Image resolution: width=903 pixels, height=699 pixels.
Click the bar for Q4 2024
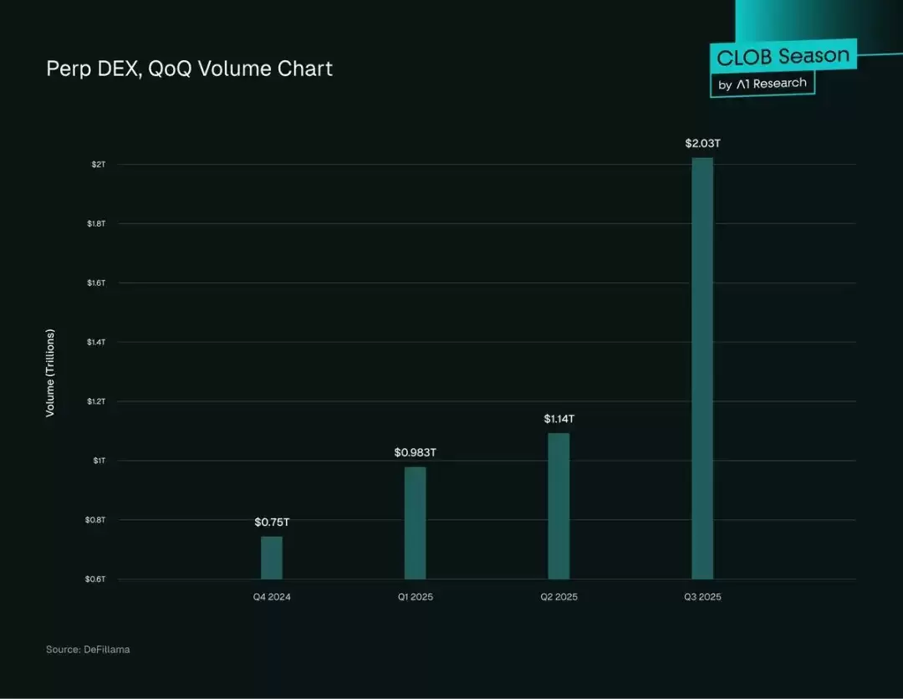click(272, 558)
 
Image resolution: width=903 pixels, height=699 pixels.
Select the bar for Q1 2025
click(416, 523)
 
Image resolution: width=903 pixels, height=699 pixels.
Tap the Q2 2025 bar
click(559, 506)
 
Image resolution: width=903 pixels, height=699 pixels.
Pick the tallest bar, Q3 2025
click(702, 369)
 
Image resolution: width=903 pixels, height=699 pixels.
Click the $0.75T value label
click(272, 523)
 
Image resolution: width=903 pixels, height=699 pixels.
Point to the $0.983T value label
click(416, 452)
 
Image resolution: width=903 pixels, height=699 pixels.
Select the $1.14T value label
click(559, 419)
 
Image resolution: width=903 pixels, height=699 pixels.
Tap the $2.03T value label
click(702, 143)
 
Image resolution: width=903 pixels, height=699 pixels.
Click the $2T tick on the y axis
click(99, 165)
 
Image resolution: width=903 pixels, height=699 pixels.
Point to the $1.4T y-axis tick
click(96, 342)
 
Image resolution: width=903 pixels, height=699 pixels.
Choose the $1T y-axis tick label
click(99, 461)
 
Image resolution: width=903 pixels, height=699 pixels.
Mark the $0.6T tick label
click(95, 579)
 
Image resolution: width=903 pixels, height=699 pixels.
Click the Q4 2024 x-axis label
click(272, 597)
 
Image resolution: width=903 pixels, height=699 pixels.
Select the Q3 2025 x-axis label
click(702, 597)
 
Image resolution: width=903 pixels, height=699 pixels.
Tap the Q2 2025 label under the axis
click(559, 597)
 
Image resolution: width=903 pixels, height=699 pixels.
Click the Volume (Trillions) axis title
click(50, 373)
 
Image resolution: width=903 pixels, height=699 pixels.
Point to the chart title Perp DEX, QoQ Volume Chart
click(190, 69)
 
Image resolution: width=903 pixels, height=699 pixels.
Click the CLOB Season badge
click(783, 56)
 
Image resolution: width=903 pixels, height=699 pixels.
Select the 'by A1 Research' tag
click(763, 84)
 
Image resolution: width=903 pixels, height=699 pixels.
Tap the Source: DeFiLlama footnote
click(88, 650)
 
